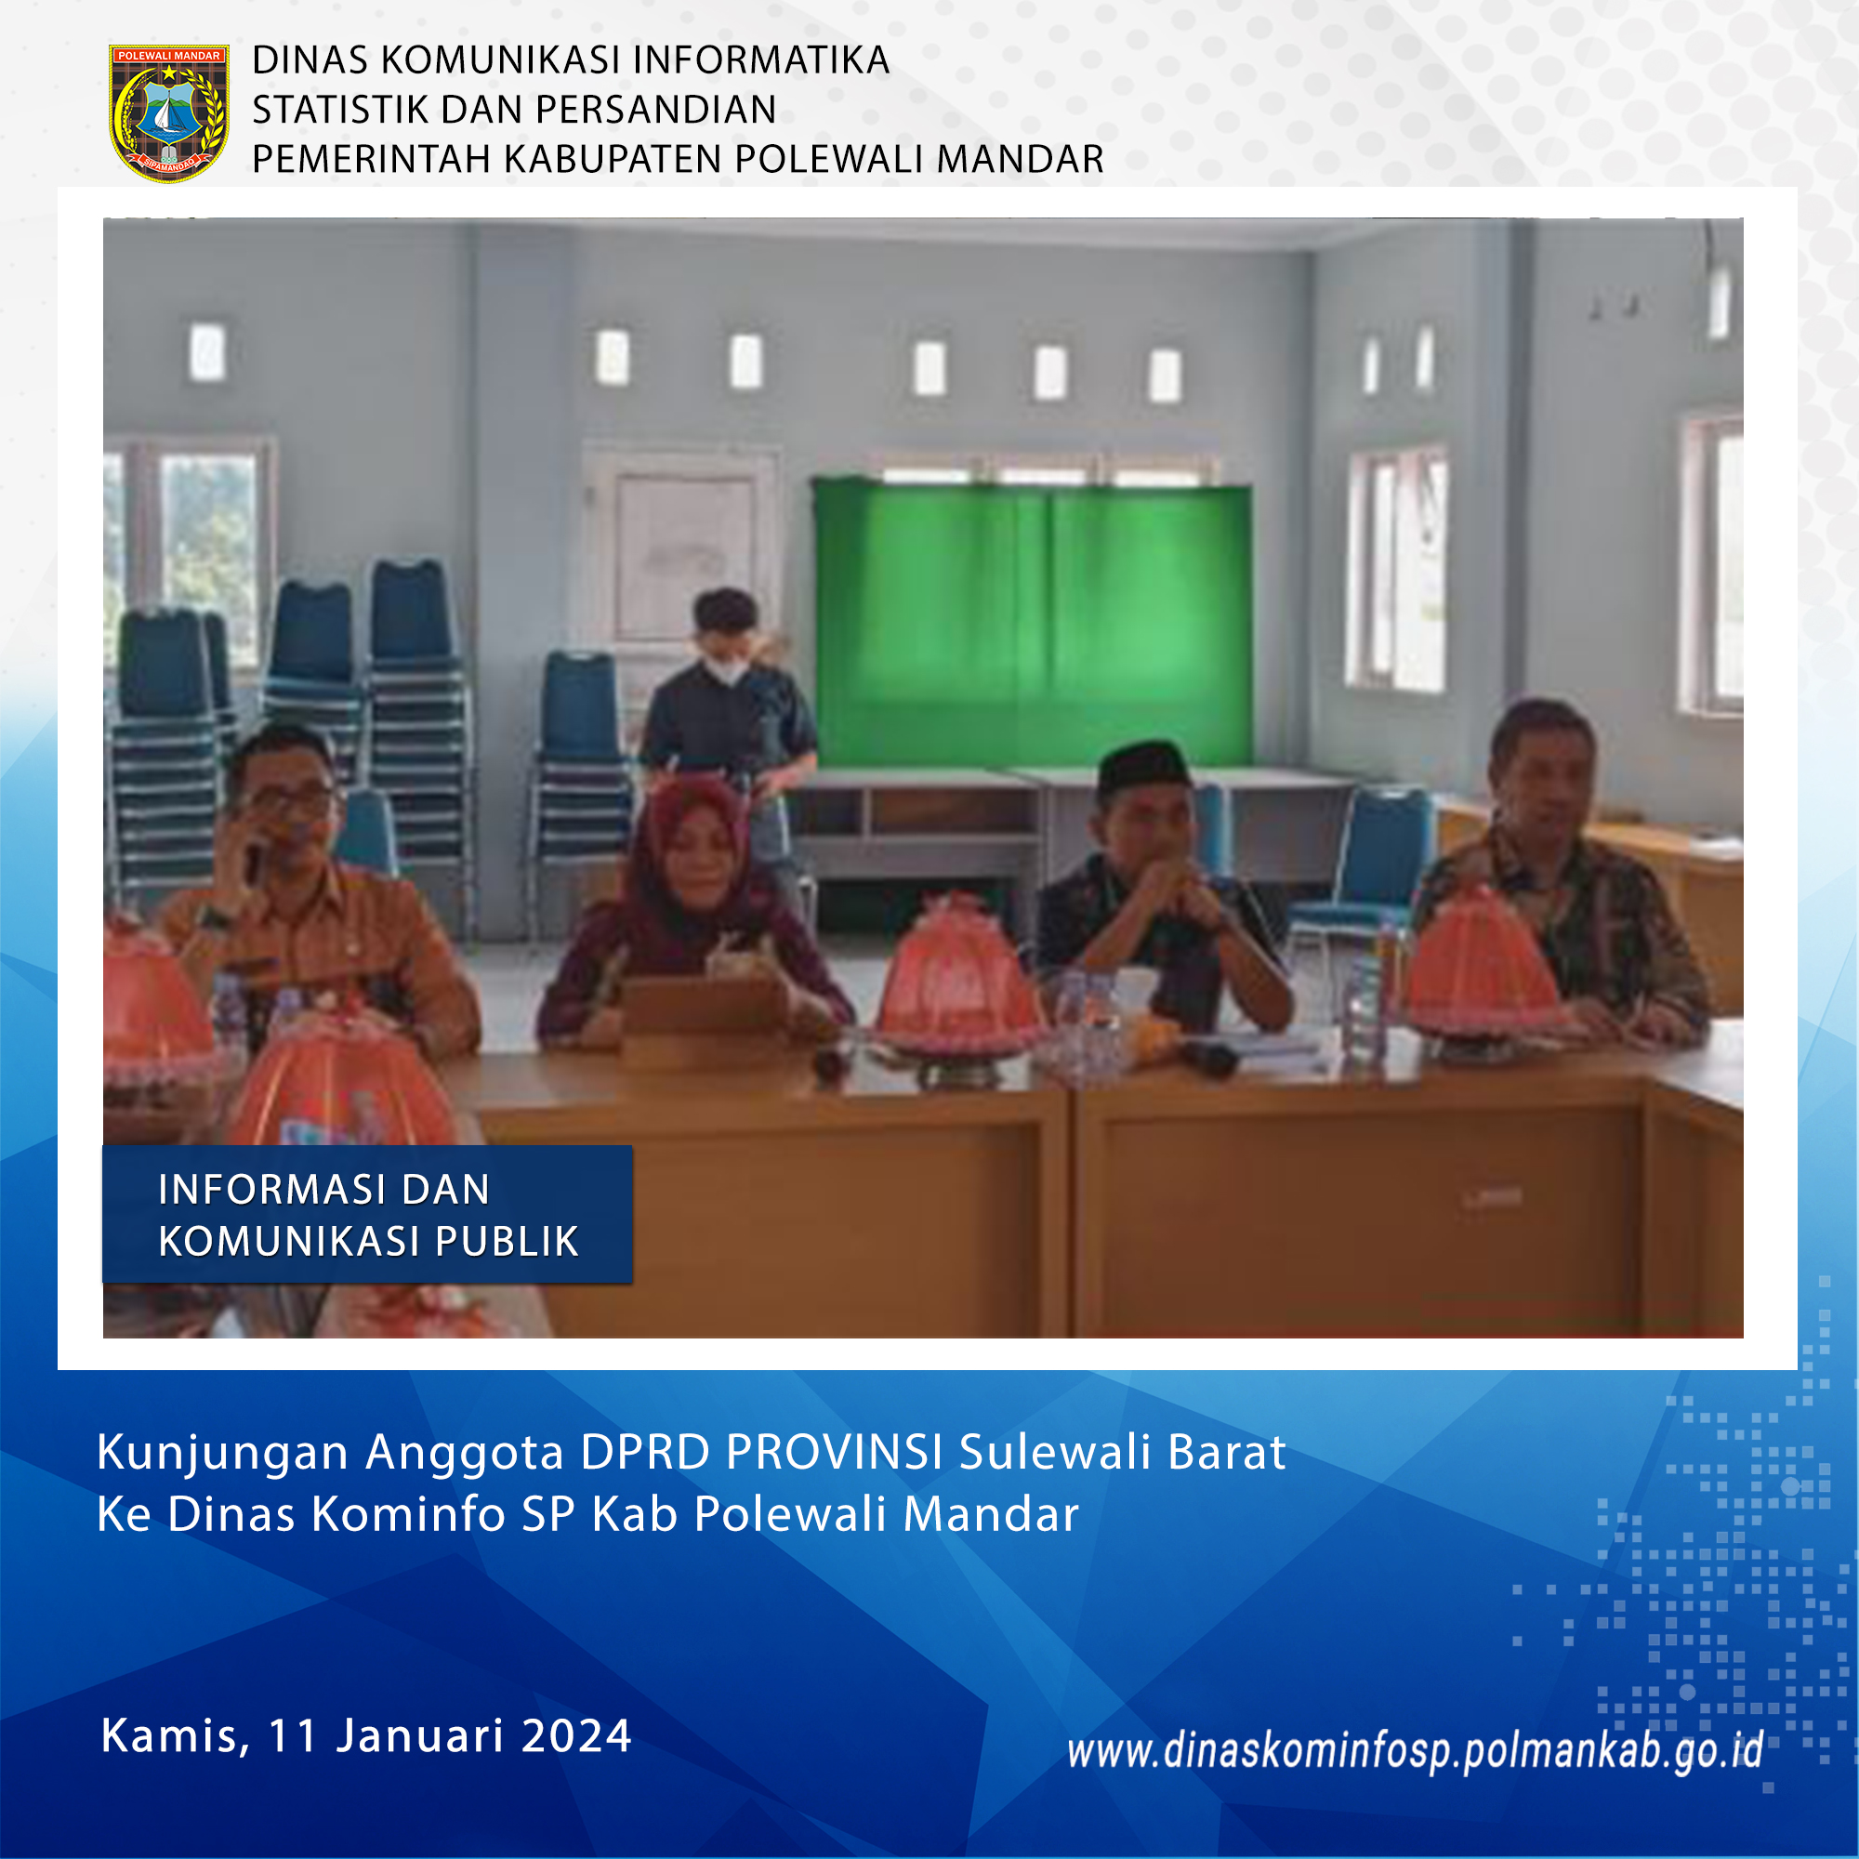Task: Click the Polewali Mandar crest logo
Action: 168,112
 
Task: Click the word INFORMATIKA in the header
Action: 761,59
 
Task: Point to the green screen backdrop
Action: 1033,625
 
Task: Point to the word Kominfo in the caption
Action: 410,1514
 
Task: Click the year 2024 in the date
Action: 575,1735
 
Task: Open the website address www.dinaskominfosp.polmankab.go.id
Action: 1416,1750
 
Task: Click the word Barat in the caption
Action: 1227,1453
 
